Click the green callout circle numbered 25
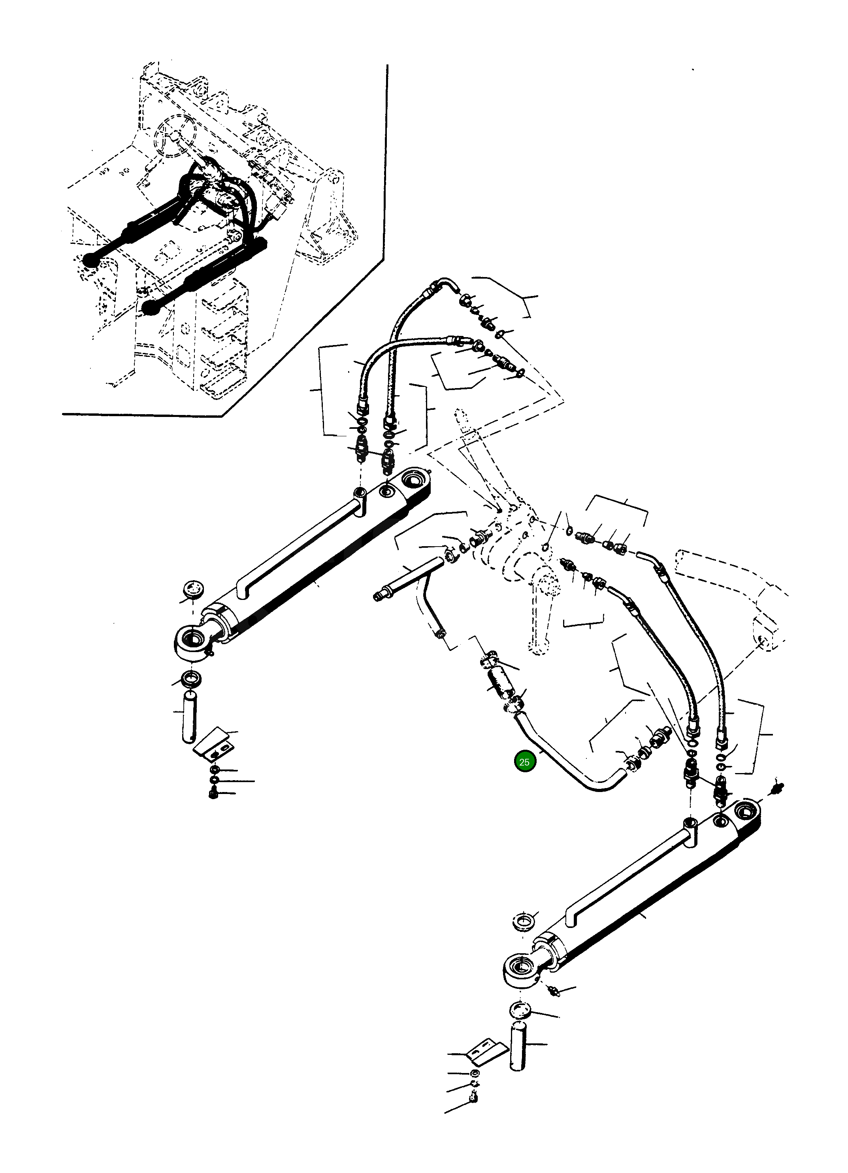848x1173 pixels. tap(524, 762)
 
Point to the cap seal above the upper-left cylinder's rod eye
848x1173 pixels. tap(194, 590)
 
